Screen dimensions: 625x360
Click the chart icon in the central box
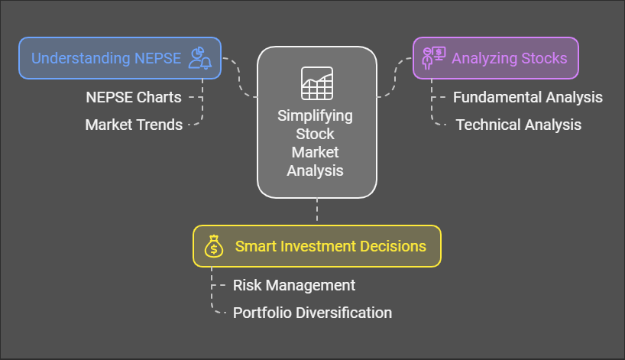point(317,83)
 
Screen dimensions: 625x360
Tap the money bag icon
point(214,246)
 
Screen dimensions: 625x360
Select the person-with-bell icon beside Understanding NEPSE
point(200,58)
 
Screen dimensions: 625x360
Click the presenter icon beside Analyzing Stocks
point(434,58)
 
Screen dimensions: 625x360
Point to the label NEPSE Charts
point(134,97)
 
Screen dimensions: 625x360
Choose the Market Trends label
point(134,125)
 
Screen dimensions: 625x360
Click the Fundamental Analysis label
point(528,97)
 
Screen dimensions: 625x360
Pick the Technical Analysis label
point(519,125)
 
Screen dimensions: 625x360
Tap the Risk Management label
point(294,285)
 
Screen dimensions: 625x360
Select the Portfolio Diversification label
point(312,313)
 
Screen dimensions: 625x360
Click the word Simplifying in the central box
point(315,116)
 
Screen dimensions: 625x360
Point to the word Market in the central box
point(315,152)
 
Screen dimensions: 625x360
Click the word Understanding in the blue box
point(81,59)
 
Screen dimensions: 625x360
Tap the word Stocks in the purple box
point(544,58)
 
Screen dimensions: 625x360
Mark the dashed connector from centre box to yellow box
point(317,209)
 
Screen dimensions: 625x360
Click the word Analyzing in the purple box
point(484,59)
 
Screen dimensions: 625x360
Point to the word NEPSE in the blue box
point(158,58)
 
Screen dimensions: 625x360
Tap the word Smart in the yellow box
point(256,246)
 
